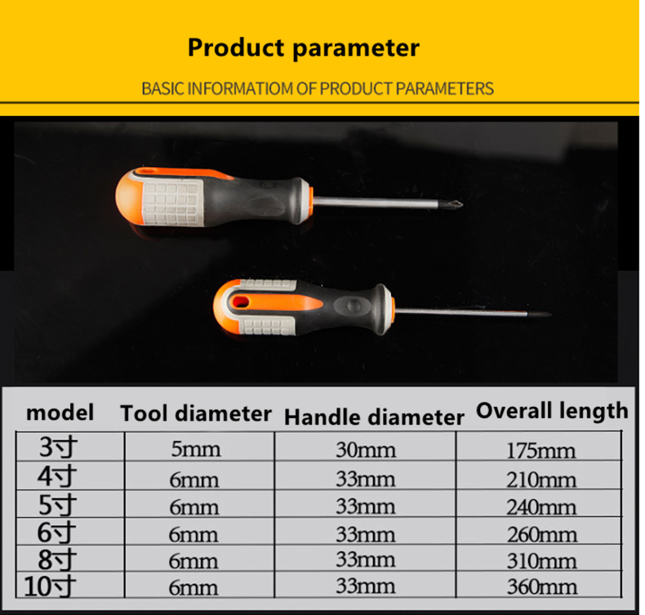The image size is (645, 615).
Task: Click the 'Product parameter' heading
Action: click(x=304, y=47)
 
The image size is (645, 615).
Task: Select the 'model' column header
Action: click(x=60, y=412)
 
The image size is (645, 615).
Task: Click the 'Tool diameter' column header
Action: click(x=196, y=413)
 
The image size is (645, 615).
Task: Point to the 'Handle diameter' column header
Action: click(x=374, y=417)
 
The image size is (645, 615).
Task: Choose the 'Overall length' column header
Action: click(x=552, y=411)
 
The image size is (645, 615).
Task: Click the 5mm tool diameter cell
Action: click(x=196, y=449)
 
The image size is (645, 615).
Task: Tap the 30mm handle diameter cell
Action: click(x=366, y=450)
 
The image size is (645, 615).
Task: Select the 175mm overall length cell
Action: click(x=541, y=451)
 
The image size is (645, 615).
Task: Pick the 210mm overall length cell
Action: click(x=541, y=479)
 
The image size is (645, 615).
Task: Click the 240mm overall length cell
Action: click(x=541, y=507)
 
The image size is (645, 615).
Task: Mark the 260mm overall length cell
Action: click(x=542, y=535)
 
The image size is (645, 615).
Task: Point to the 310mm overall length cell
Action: click(x=542, y=561)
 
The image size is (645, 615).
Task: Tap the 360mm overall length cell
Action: click(x=542, y=587)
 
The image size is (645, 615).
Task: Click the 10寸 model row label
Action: click(x=50, y=586)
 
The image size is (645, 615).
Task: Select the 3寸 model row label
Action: click(x=58, y=447)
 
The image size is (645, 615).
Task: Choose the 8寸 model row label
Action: click(x=57, y=559)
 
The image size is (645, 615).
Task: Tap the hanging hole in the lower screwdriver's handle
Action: click(x=241, y=302)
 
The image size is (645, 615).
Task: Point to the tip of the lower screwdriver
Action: click(x=549, y=314)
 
